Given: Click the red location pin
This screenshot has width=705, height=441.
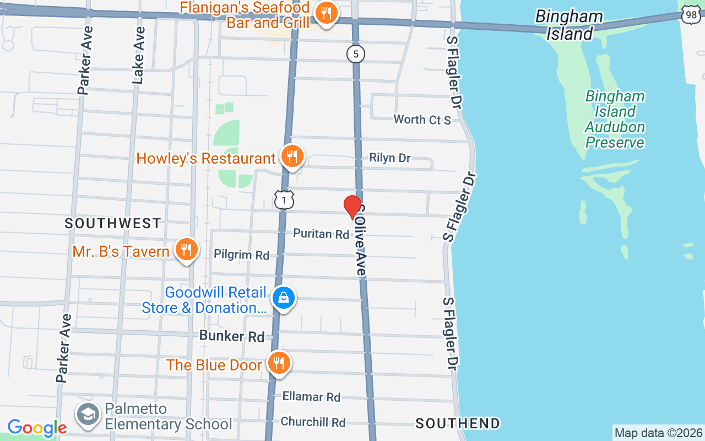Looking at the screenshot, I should pyautogui.click(x=352, y=207).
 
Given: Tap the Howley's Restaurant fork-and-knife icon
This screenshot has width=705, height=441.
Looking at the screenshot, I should pyautogui.click(x=292, y=157).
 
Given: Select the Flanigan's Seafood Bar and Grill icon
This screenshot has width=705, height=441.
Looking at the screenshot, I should pyautogui.click(x=327, y=14).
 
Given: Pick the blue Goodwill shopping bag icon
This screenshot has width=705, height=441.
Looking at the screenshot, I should pyautogui.click(x=284, y=299).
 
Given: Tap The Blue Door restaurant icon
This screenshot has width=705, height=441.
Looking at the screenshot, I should pyautogui.click(x=279, y=363).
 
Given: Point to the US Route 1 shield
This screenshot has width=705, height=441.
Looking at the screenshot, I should pyautogui.click(x=284, y=200).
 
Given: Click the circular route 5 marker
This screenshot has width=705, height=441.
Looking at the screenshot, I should pyautogui.click(x=356, y=54).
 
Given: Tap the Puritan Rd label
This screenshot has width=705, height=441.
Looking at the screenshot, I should pyautogui.click(x=321, y=234).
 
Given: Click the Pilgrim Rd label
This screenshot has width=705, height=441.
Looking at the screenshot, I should pyautogui.click(x=241, y=255).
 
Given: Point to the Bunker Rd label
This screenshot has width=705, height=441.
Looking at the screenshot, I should pyautogui.click(x=232, y=336).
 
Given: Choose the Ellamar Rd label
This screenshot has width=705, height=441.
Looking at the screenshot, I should pyautogui.click(x=311, y=396).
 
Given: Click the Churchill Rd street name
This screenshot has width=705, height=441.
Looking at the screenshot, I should pyautogui.click(x=313, y=422).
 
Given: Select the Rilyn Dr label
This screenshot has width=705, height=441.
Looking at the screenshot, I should pyautogui.click(x=390, y=158).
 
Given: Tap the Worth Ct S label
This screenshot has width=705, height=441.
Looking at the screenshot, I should pyautogui.click(x=422, y=119).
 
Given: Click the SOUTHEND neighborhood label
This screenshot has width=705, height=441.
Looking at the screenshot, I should pyautogui.click(x=458, y=423).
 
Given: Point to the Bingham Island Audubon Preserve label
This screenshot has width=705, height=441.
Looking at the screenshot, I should pyautogui.click(x=615, y=120).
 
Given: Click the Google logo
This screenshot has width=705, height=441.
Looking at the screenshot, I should pyautogui.click(x=37, y=428).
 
